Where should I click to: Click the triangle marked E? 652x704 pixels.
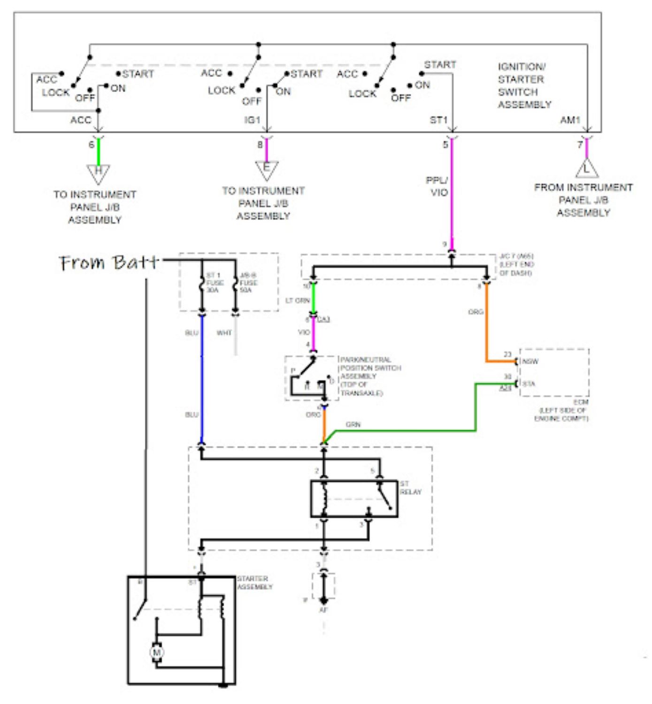point(267,169)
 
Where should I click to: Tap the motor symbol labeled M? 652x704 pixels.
point(156,652)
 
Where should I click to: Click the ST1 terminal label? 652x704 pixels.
point(438,120)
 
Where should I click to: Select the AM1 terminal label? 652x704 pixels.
point(570,120)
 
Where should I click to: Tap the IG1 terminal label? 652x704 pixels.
point(252,120)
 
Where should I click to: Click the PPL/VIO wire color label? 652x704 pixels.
point(437,186)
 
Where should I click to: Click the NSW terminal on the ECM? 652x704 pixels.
point(530,361)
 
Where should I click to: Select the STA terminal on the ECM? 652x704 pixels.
point(529,383)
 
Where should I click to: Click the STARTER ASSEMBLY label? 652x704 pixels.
point(254,583)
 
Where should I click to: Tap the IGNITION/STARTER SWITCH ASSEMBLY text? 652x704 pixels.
point(524,85)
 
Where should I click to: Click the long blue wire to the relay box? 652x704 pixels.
point(202,380)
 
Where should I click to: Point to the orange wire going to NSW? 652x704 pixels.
point(486,329)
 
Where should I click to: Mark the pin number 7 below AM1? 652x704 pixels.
point(580,145)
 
